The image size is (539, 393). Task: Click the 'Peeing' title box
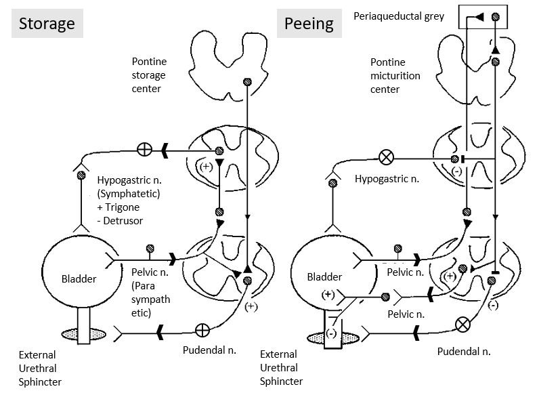click(x=309, y=24)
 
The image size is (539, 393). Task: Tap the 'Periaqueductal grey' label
click(x=399, y=15)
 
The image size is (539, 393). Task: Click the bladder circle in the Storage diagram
click(x=74, y=278)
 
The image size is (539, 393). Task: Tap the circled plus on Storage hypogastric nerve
click(x=144, y=149)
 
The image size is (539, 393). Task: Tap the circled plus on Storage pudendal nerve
click(x=202, y=331)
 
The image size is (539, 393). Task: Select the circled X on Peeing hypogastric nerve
click(x=386, y=158)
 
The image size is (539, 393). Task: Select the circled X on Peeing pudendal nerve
click(x=463, y=325)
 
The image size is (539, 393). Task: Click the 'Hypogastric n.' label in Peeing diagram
click(x=385, y=180)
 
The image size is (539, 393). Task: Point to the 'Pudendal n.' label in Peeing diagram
click(x=463, y=351)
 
